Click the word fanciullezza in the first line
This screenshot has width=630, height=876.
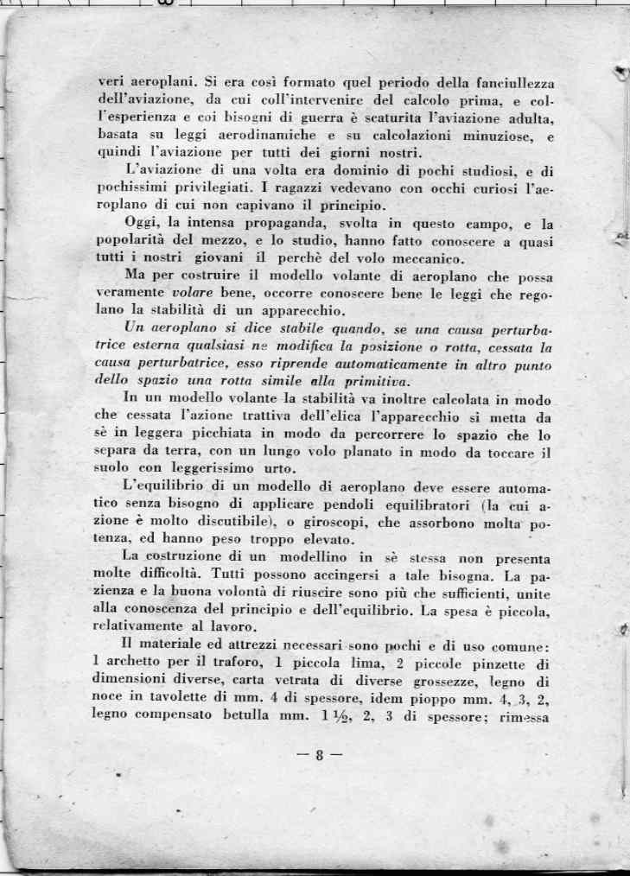point(504,84)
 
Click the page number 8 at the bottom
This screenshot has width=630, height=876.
point(319,757)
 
